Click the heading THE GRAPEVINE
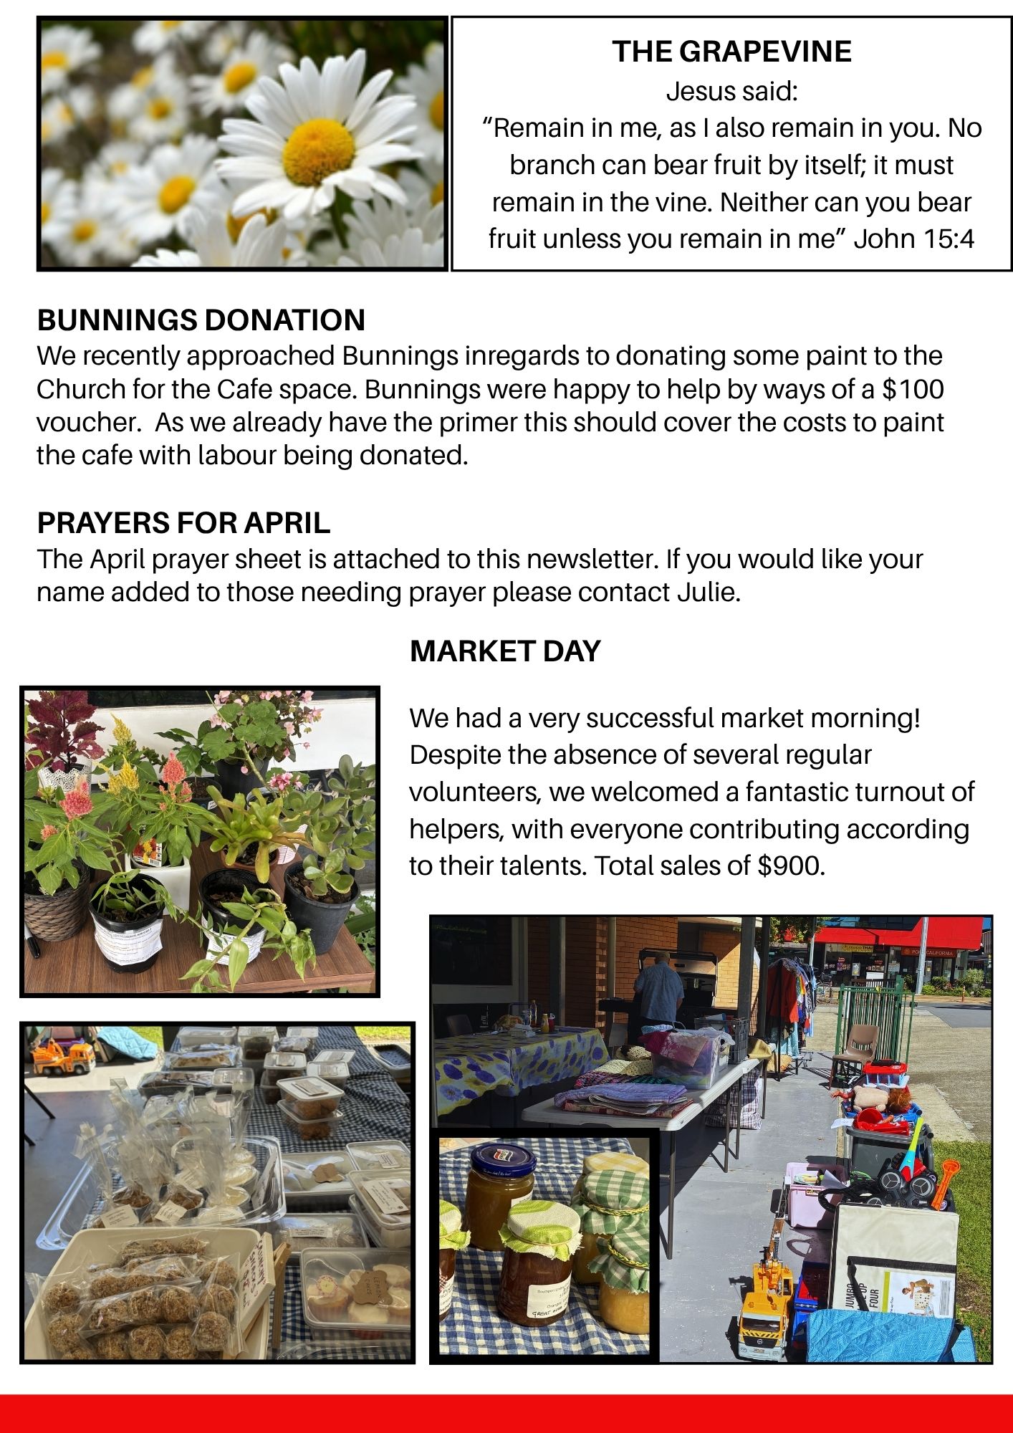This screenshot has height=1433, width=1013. [731, 52]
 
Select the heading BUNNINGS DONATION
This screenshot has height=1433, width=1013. [201, 320]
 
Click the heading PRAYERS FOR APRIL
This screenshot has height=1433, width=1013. [183, 523]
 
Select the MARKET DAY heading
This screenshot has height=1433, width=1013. [505, 651]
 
